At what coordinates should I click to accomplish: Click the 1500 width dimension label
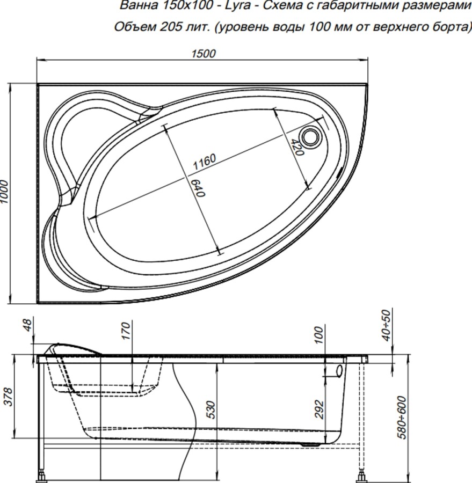(x=203, y=53)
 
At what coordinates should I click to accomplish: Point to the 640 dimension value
(x=199, y=187)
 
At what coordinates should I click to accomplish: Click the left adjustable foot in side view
(x=42, y=475)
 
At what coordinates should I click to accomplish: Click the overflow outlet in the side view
(x=339, y=370)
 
